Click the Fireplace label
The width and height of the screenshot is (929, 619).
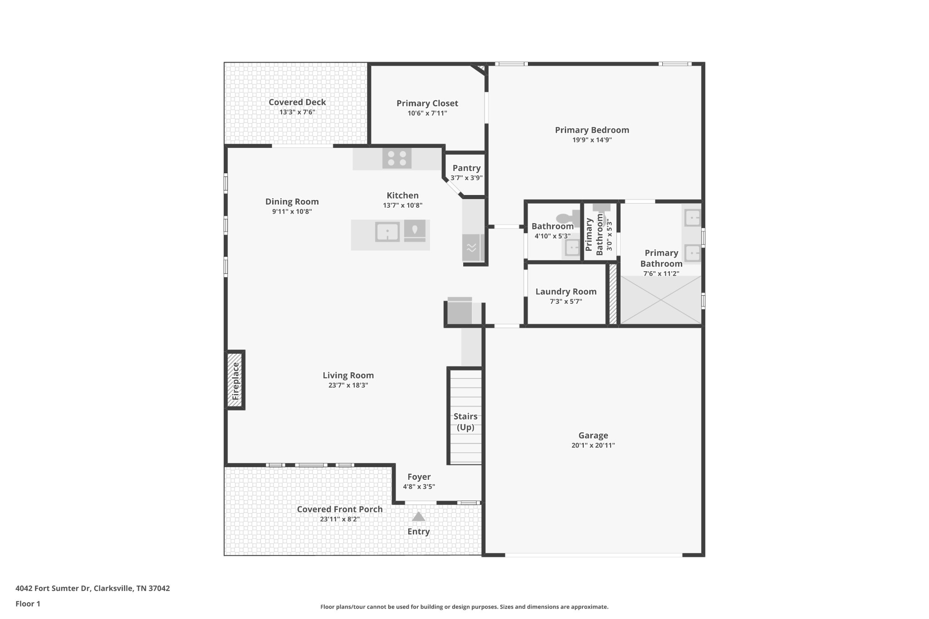point(235,381)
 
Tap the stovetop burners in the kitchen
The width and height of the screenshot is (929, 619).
point(397,158)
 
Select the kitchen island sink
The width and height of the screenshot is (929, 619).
point(387,232)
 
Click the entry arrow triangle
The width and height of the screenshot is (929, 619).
point(418,517)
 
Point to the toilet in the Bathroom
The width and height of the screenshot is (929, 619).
point(568,218)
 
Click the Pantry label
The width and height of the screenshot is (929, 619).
point(466,168)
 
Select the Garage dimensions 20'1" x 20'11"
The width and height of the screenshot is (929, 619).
point(593,445)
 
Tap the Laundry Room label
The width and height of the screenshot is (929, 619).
point(566,292)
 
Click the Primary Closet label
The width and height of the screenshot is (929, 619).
point(427,103)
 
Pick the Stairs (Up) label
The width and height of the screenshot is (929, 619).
point(465,422)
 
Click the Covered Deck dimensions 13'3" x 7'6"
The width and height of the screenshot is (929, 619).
point(297,112)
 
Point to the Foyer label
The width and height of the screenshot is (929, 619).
point(419,477)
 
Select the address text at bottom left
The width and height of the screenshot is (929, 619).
point(93,588)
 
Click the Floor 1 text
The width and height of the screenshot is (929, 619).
point(28,604)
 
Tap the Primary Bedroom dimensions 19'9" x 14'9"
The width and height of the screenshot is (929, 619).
point(592,140)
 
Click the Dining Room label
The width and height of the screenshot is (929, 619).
point(292,202)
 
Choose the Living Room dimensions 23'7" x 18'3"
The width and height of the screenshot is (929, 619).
point(348,385)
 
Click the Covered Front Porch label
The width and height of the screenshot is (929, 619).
point(340,509)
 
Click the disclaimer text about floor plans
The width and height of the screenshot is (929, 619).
point(464,607)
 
